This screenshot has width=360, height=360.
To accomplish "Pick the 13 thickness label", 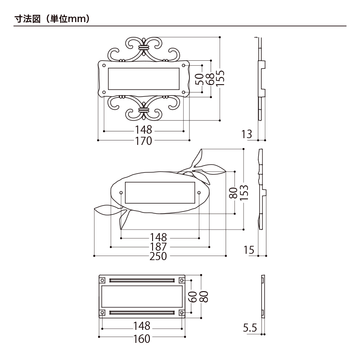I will tap(247, 134).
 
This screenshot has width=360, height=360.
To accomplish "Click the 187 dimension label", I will tap(159, 247).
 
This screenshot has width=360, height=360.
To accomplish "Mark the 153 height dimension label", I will tap(243, 193).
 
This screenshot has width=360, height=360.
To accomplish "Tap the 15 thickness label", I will tap(249, 250).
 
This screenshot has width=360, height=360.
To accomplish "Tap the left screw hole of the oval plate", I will tap(121, 193).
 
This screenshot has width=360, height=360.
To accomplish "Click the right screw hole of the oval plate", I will tap(199, 193).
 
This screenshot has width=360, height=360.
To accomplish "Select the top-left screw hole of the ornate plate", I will tap(104, 66).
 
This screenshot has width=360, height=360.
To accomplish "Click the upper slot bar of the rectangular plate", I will tap(142, 280).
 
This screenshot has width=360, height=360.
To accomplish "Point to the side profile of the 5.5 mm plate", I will tap(262, 297).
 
